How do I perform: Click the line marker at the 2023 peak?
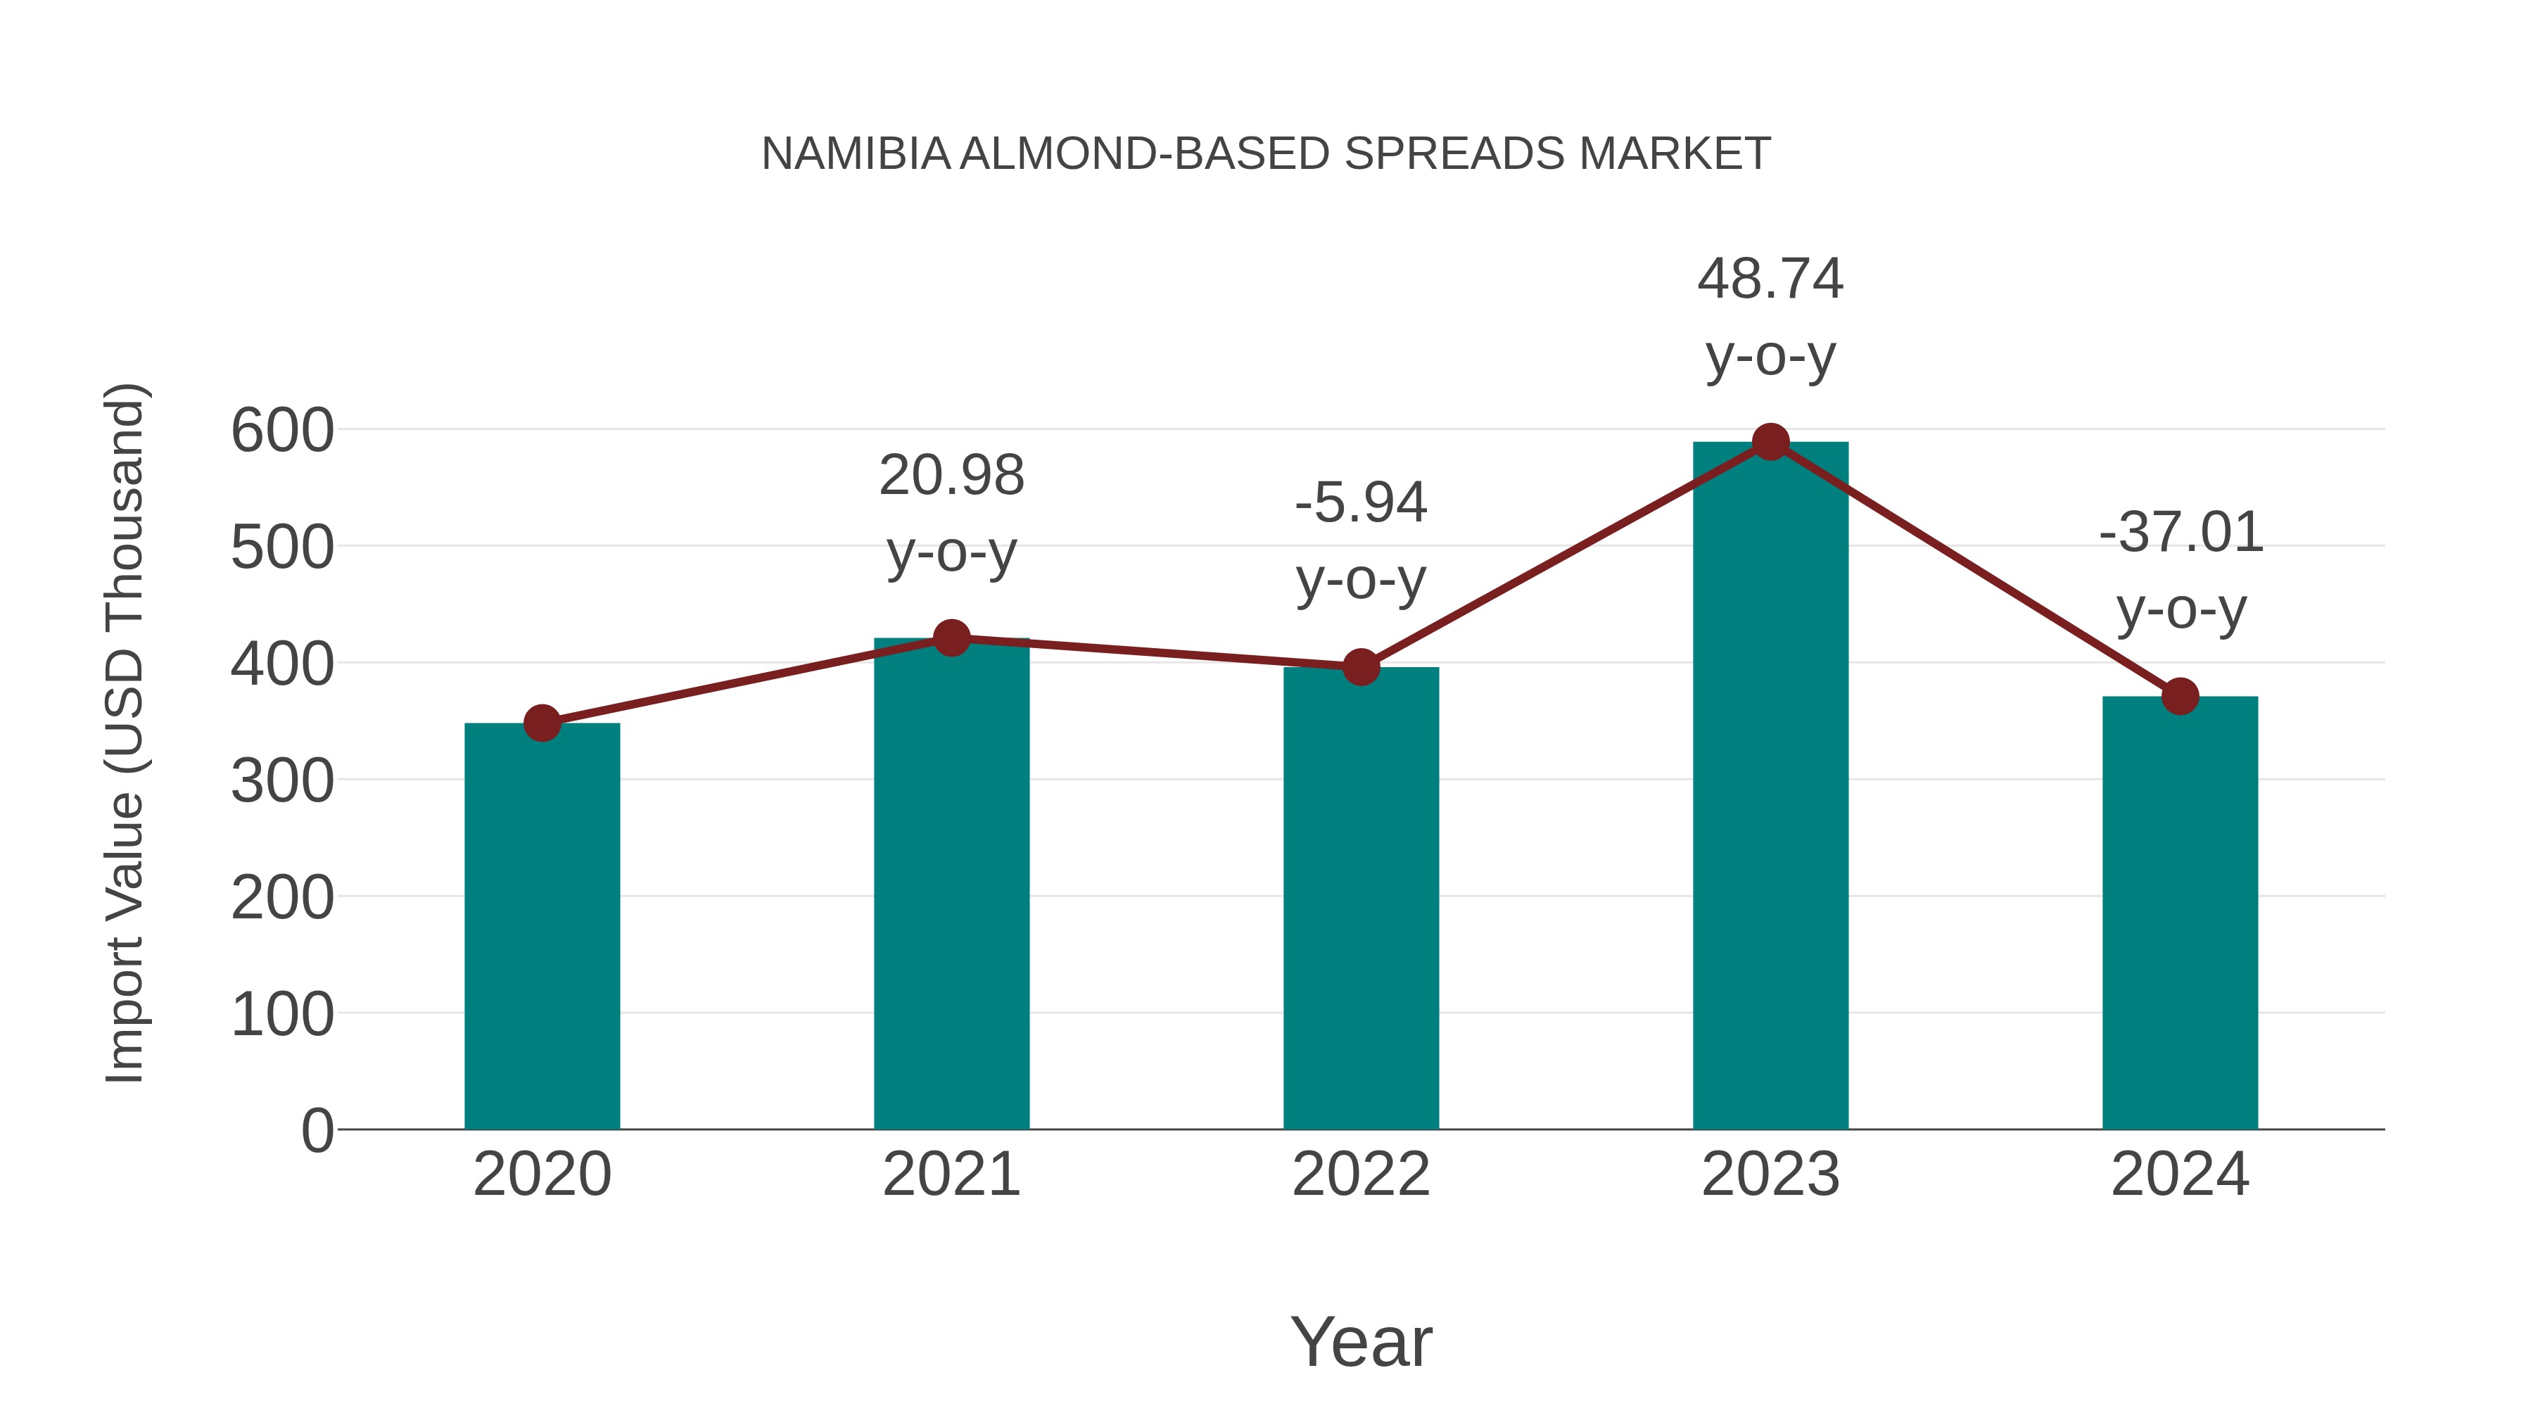point(1770,443)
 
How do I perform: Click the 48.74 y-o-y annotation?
point(1770,317)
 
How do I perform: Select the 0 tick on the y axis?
point(317,1130)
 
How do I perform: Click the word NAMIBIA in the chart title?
point(856,154)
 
